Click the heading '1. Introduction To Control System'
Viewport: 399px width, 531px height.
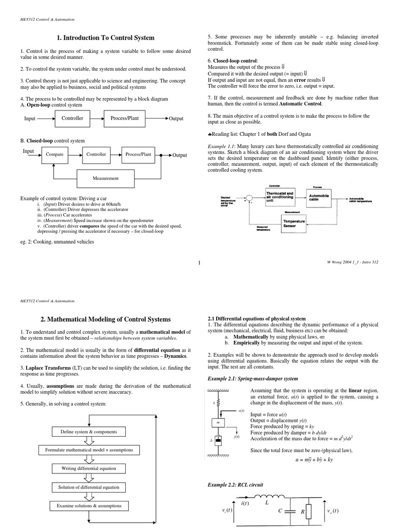click(105, 38)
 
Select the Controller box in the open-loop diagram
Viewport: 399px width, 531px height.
click(72, 118)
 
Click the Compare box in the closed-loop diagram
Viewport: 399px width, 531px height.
click(55, 155)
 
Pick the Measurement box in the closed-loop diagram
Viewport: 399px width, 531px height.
click(105, 178)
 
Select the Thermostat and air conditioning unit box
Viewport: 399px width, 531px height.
click(281, 198)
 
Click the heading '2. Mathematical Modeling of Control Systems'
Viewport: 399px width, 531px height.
click(105, 319)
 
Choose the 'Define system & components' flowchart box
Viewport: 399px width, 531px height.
click(89, 431)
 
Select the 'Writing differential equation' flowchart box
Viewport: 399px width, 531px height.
click(89, 468)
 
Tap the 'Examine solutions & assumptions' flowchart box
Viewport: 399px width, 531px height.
click(89, 506)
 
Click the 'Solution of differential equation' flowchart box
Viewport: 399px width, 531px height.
click(89, 487)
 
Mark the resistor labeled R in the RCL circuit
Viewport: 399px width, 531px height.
click(308, 512)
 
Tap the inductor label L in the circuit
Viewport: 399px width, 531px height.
click(268, 503)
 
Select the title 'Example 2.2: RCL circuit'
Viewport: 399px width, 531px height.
click(235, 484)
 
